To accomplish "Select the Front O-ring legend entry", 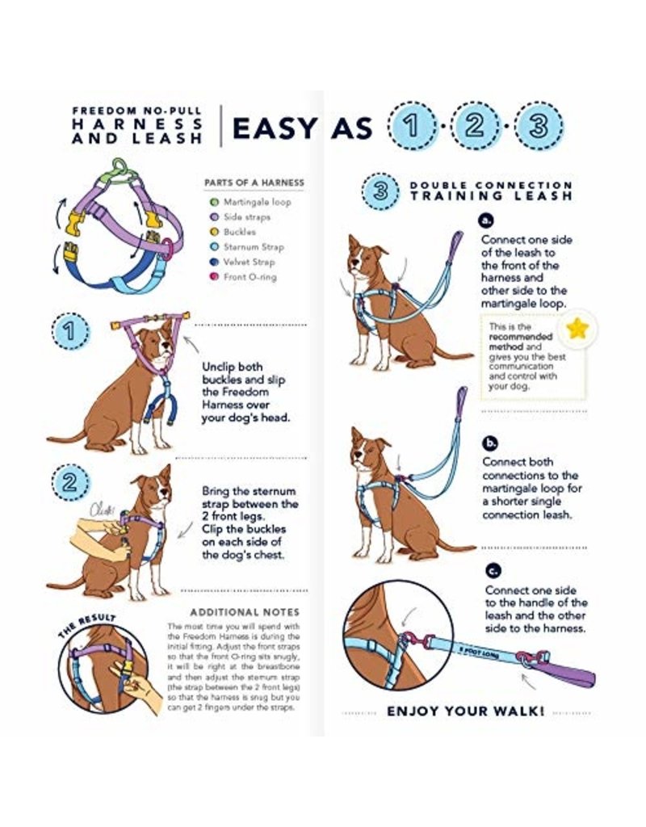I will [249, 277].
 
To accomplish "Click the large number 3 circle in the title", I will [539, 128].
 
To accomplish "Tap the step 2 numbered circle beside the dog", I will [70, 484].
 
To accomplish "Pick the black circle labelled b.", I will [489, 443].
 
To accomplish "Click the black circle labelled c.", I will [492, 570].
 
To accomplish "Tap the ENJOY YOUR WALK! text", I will [465, 712].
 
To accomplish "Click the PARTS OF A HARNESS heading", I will [254, 183].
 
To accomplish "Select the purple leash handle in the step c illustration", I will [565, 673].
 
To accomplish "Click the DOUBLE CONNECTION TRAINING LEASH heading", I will [491, 191].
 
